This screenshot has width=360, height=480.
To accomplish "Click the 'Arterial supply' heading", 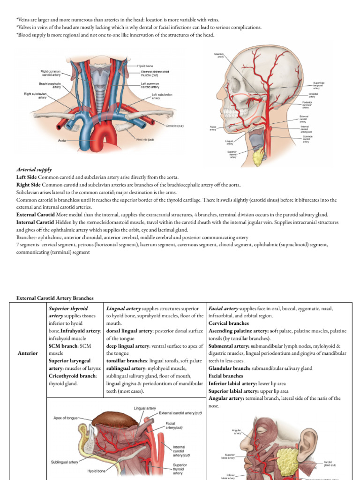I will coord(34,169).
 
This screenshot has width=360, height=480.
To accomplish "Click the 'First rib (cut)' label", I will coord(145,139).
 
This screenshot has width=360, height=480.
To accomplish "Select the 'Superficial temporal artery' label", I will coord(319,85).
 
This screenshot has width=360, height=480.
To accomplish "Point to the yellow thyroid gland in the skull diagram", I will coord(259,157).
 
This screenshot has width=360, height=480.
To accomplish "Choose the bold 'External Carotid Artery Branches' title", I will coord(55,298).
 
